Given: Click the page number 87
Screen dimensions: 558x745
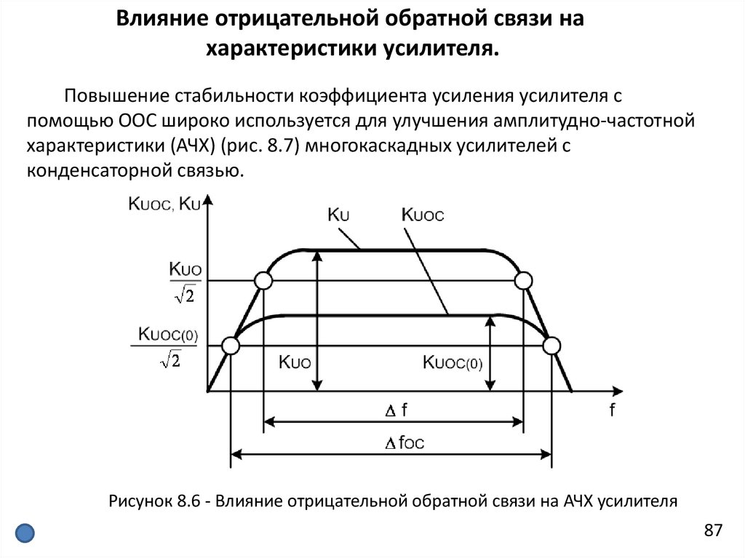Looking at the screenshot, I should coord(713,530).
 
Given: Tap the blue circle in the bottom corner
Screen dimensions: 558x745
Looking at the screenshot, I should coord(25,533).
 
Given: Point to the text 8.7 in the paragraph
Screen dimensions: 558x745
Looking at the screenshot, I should coord(279,146).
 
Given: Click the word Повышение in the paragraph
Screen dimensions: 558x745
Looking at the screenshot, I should coord(115,97).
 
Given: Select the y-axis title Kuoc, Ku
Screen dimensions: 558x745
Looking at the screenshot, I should coord(164,204).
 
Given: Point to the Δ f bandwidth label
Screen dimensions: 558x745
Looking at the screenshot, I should coord(395,411).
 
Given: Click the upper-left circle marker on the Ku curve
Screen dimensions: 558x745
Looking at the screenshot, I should coord(263,281).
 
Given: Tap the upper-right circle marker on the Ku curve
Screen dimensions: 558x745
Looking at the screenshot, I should coord(523,281).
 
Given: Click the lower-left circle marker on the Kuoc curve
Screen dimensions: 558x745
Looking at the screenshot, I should coord(230,346).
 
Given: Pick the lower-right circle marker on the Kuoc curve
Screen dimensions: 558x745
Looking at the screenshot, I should coord(551,346).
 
